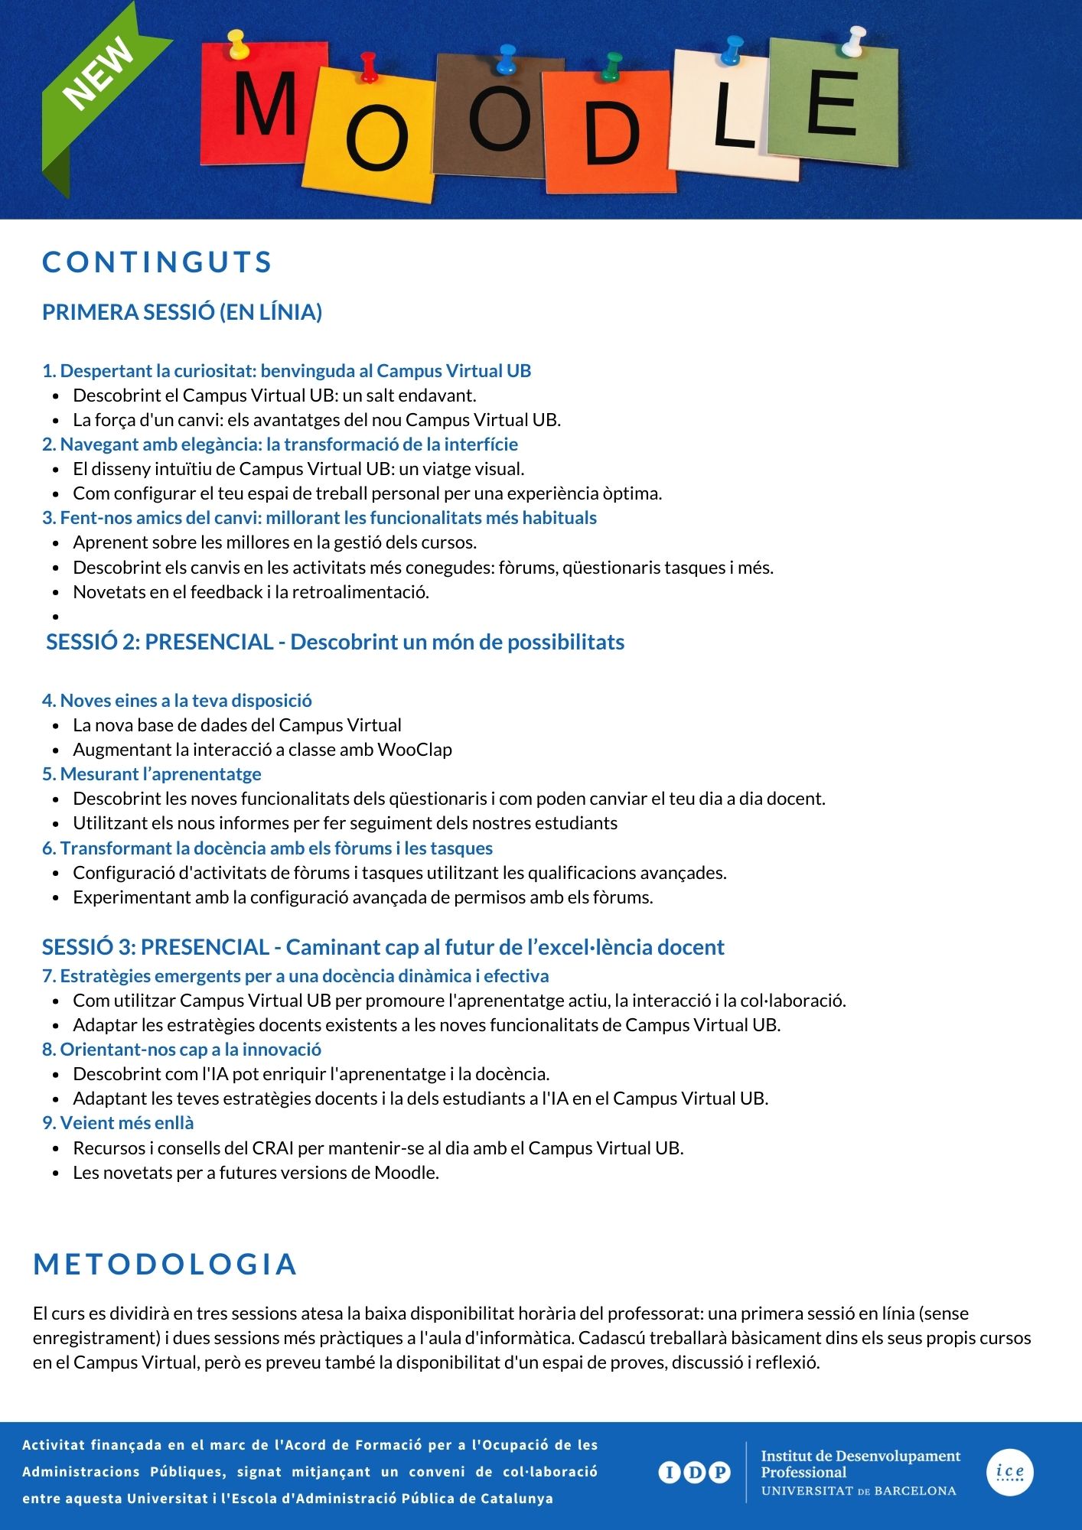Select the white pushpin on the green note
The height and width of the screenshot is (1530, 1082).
(853, 41)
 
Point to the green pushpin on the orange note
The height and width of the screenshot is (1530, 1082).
(611, 67)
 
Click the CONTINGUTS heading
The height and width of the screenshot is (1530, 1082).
(157, 262)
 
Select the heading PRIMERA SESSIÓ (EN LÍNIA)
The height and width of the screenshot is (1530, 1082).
(182, 312)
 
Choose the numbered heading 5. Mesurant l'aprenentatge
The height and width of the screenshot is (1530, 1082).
(152, 774)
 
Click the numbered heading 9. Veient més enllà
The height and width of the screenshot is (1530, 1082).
(118, 1123)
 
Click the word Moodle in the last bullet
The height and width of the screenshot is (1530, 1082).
(405, 1173)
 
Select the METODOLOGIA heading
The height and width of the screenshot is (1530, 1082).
(165, 1265)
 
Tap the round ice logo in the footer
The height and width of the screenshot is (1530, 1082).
(1010, 1472)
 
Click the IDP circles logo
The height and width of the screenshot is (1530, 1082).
(694, 1472)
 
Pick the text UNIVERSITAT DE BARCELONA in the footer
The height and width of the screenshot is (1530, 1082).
(859, 1491)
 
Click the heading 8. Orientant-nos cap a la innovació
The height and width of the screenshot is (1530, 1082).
(181, 1050)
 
